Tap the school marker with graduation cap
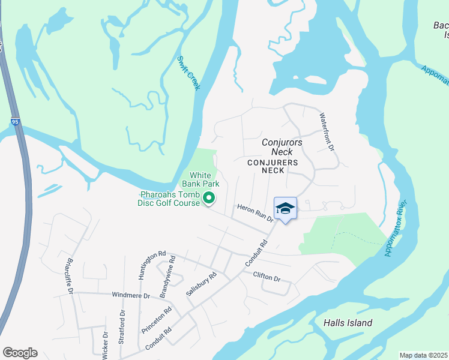click(285, 209)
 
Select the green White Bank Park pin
click(209, 197)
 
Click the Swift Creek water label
click(188, 73)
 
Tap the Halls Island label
click(348, 323)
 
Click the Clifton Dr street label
click(267, 277)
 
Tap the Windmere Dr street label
click(131, 295)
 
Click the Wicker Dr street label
click(106, 344)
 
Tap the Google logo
click(20, 353)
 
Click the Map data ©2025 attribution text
click(423, 355)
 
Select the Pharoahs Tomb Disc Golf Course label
click(170, 199)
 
